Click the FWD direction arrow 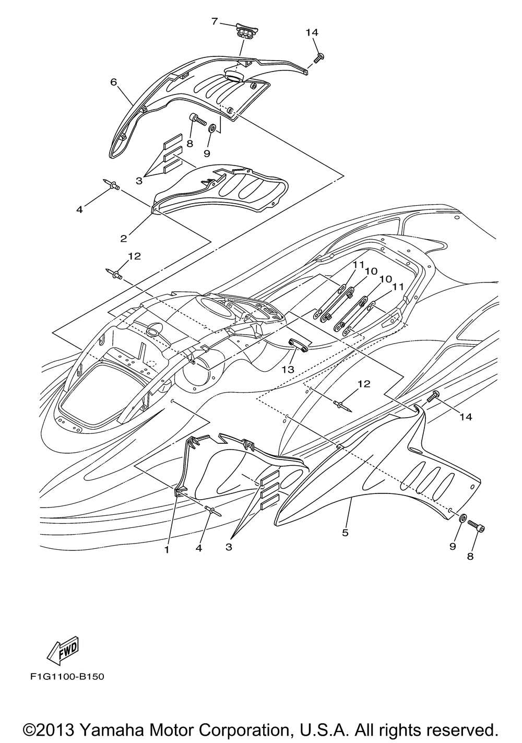(x=63, y=649)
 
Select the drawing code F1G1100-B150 (x=67, y=677)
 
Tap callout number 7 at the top (x=215, y=21)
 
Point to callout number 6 (x=113, y=82)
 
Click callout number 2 (x=124, y=239)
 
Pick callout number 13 (x=289, y=369)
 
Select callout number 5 (x=345, y=533)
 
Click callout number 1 (x=167, y=549)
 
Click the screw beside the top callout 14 (x=320, y=56)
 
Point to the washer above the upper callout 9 (x=212, y=128)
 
